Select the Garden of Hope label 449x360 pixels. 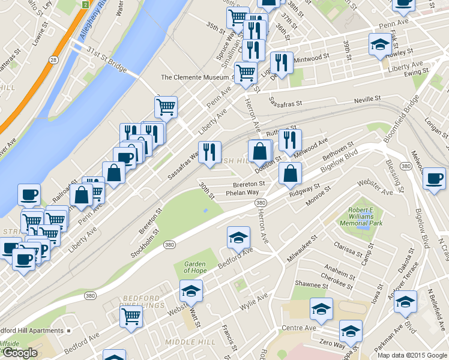[x=195, y=267]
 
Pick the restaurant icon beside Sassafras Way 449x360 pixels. [x=209, y=152]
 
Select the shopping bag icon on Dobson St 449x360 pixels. [x=260, y=152]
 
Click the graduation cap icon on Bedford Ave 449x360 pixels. [x=238, y=238]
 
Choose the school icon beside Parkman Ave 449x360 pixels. [x=405, y=301]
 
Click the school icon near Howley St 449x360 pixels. [x=379, y=44]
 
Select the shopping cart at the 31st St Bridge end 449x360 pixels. [x=166, y=107]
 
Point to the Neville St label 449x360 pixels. [x=367, y=99]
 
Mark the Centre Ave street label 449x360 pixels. [x=298, y=328]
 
